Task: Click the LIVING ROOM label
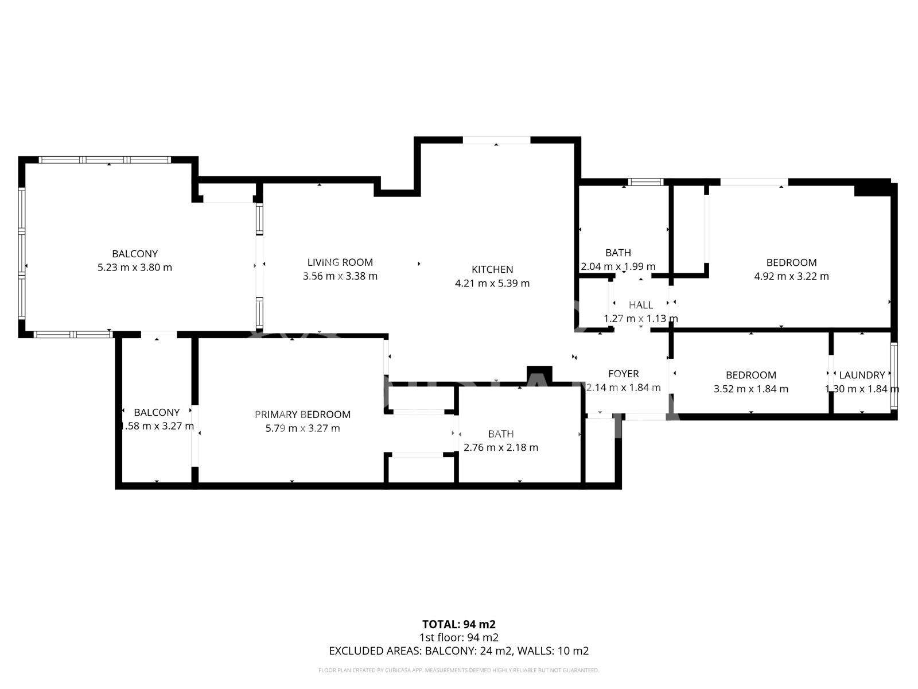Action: (340, 262)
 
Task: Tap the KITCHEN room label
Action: (492, 269)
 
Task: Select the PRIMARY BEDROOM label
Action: (302, 415)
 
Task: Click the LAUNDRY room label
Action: (861, 376)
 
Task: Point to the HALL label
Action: (640, 305)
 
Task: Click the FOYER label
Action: (623, 374)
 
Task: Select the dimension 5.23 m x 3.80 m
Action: (135, 268)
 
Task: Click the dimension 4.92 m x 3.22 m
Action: (791, 276)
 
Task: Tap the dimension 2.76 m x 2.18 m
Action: (500, 448)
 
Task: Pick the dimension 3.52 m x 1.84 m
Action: (750, 389)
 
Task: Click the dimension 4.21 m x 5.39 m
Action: (492, 284)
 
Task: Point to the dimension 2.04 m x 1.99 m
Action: (618, 266)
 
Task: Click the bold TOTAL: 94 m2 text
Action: (458, 624)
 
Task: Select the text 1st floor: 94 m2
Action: (458, 637)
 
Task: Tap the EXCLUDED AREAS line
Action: (458, 651)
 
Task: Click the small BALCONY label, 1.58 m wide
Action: (157, 412)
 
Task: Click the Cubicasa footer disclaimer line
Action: (458, 670)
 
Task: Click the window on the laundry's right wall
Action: (894, 376)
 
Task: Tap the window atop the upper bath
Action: (645, 182)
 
